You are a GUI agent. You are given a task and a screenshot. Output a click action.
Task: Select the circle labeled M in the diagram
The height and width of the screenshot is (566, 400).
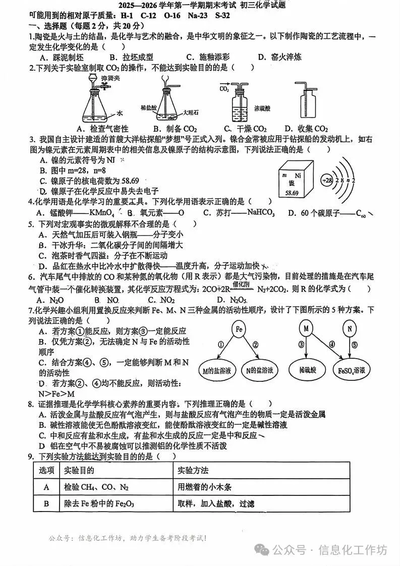tap(306, 329)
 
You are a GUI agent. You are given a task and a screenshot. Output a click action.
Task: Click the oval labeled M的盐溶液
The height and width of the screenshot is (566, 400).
tap(216, 371)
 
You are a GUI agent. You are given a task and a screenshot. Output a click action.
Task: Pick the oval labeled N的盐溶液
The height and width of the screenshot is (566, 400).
tap(260, 371)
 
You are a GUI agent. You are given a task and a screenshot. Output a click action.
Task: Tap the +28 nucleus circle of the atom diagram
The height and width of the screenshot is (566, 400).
tap(328, 180)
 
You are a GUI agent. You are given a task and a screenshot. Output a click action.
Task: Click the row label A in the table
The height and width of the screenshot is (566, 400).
tap(47, 487)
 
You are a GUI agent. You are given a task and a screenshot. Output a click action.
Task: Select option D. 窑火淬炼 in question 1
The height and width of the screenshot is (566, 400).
tap(279, 57)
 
